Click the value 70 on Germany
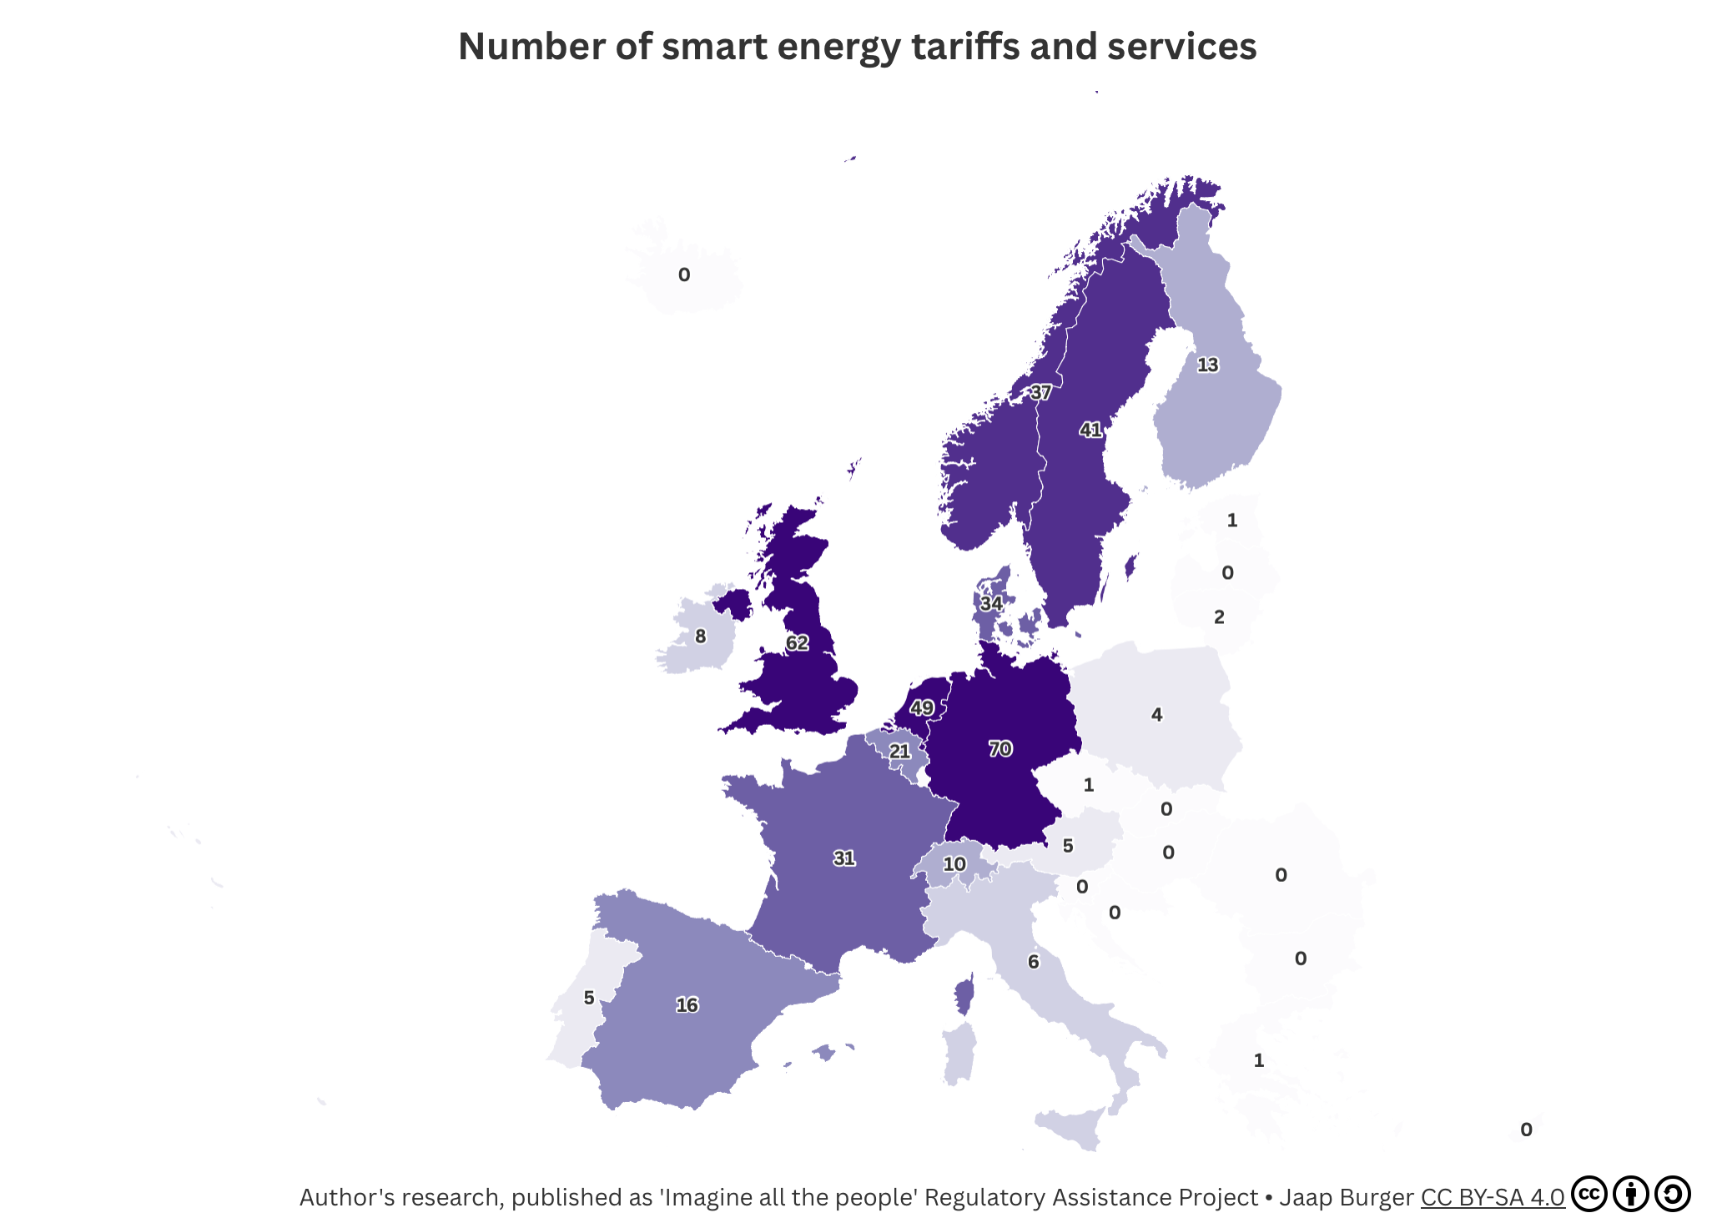point(1000,748)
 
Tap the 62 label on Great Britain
point(797,642)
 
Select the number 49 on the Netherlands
point(921,707)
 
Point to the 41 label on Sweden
point(1090,430)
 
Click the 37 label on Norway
point(1040,391)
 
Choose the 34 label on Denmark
point(991,603)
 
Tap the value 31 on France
point(844,858)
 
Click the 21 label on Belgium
point(899,751)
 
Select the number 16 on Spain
point(687,1004)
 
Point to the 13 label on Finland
point(1207,365)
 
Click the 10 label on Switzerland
point(954,863)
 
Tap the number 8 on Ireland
point(700,637)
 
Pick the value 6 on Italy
point(1033,962)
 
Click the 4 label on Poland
point(1156,714)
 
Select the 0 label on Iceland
point(684,274)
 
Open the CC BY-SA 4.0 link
point(1492,1197)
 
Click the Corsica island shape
point(964,997)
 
